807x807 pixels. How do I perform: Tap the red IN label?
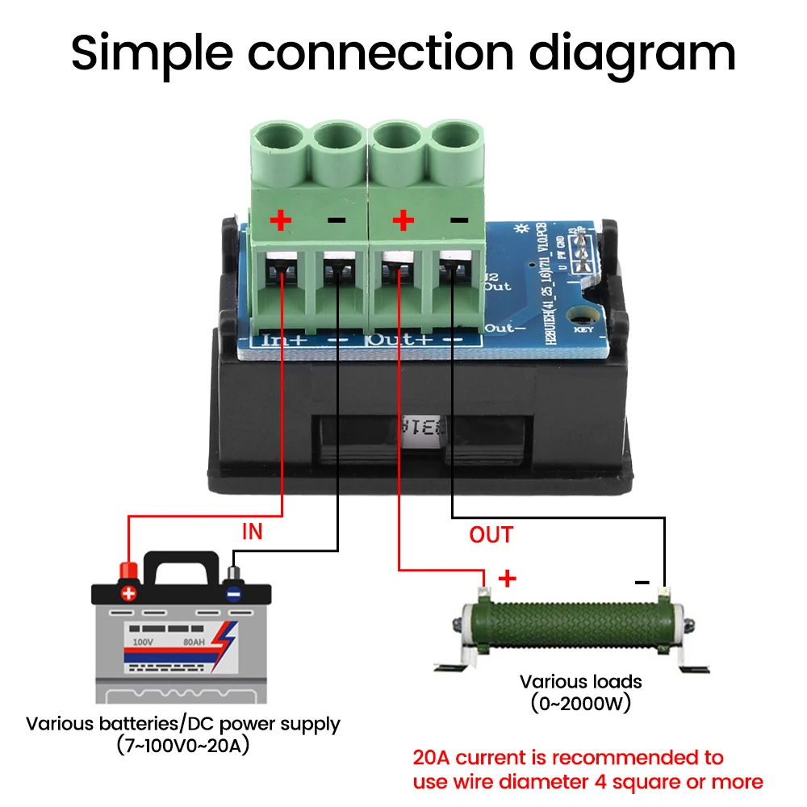click(253, 532)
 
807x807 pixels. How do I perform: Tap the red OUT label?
click(491, 534)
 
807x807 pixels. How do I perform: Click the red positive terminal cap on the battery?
click(128, 571)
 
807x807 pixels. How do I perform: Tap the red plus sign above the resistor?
click(507, 578)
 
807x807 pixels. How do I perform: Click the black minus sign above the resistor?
click(642, 581)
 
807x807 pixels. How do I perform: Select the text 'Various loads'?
click(580, 681)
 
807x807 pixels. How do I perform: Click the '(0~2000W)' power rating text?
click(580, 703)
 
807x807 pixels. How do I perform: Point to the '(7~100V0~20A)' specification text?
click(183, 746)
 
